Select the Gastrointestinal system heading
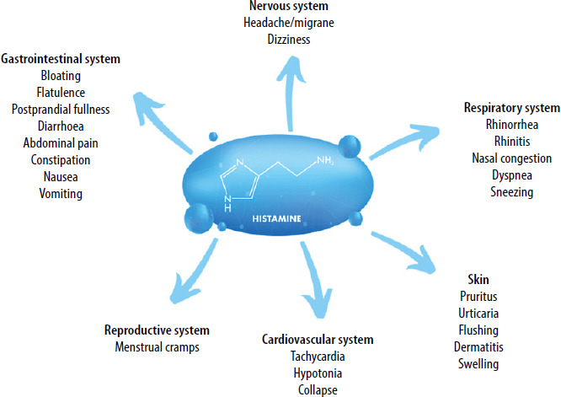click(61, 60)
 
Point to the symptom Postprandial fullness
click(61, 109)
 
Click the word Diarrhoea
click(61, 126)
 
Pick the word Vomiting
click(61, 192)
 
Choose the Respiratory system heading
click(511, 109)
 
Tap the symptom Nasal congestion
click(511, 158)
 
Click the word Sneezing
click(511, 192)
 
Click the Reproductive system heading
click(156, 330)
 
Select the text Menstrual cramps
click(156, 346)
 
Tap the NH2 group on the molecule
click(323, 159)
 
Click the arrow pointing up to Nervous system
click(289, 94)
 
